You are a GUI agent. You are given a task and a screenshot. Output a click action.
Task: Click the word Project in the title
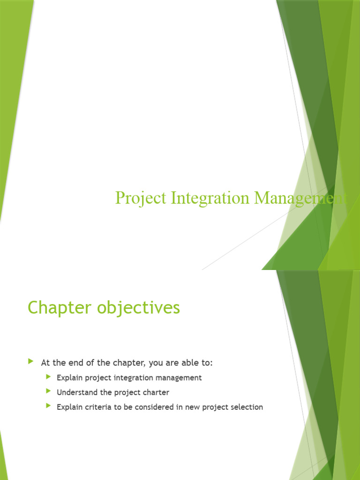(x=141, y=198)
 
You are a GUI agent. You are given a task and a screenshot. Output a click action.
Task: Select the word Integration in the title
(x=210, y=198)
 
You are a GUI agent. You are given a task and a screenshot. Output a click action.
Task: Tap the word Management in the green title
(x=300, y=198)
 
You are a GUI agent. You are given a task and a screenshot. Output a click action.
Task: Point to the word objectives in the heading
(x=138, y=308)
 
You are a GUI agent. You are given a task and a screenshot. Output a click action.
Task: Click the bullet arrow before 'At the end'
(x=30, y=361)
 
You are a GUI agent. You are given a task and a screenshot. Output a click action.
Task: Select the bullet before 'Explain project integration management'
(x=48, y=377)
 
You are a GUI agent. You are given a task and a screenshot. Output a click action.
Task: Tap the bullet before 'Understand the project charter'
(x=48, y=391)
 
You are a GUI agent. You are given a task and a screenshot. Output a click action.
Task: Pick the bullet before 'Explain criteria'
(x=48, y=405)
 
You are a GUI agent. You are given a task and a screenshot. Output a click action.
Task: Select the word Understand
(x=77, y=392)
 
